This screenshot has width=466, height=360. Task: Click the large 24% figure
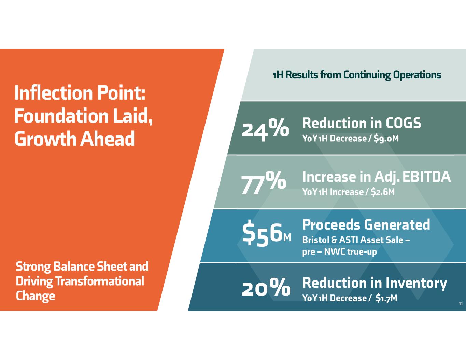point(265,129)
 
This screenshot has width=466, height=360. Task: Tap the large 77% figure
point(264,183)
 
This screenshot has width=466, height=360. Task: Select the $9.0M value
point(386,139)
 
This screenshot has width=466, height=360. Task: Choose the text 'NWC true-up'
point(350,252)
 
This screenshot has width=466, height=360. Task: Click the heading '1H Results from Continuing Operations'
point(356,75)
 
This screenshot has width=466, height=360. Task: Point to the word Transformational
point(100,281)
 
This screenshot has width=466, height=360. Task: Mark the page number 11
point(460,304)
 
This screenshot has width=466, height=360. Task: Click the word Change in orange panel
point(35,296)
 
